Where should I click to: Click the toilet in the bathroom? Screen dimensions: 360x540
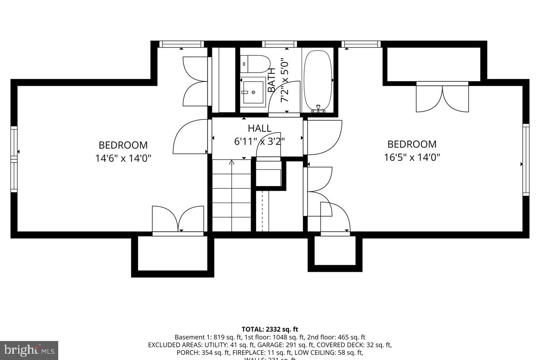point(256,64)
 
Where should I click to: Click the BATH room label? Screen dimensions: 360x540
point(272,80)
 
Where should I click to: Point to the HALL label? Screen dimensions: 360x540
point(259,128)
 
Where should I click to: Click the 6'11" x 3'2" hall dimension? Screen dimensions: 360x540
point(259,141)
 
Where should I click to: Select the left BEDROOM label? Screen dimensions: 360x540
point(123,145)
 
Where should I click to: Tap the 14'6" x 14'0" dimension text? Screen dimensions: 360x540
point(123,158)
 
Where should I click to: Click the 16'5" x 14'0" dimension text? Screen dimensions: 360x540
point(412,157)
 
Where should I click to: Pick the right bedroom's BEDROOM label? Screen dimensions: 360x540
point(412,144)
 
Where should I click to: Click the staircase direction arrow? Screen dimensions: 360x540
point(232,162)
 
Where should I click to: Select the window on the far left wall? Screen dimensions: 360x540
point(14,159)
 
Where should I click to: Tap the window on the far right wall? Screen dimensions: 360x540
point(526,160)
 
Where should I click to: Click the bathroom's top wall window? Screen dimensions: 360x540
point(279,44)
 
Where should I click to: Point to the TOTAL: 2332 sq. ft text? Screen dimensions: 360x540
point(270,329)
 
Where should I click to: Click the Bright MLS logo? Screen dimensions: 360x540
point(29,350)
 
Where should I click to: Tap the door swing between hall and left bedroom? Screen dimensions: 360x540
point(191,137)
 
